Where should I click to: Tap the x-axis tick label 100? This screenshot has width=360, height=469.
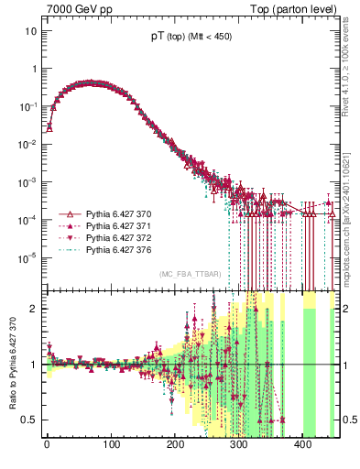click(111, 449)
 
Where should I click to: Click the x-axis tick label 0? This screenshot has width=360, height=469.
click(47, 449)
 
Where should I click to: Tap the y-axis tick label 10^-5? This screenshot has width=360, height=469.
click(27, 257)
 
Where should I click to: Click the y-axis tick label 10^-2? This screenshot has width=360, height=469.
click(27, 145)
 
